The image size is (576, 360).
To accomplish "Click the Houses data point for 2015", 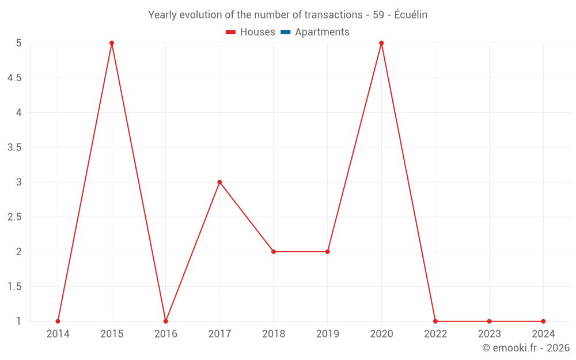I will coord(112,43).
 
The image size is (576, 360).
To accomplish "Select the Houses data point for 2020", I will coord(381,43).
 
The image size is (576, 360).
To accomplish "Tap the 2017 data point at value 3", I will coord(219,182).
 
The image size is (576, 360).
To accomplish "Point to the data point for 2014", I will coord(58,321).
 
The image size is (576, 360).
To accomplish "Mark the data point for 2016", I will coord(165,321).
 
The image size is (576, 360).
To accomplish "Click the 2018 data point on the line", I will coord(274,252).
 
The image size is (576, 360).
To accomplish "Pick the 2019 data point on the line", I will coord(327,252).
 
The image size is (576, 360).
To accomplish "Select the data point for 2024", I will coord(543,321).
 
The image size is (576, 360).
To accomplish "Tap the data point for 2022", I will coord(435,321).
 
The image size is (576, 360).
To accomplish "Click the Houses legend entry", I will coord(257,32).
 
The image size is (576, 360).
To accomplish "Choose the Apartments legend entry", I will coord(322,32).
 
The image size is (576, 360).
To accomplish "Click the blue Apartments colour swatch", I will coord(286,32).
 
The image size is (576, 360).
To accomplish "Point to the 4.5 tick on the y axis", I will coord(14,78).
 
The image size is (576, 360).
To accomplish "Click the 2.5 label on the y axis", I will coord(14,217).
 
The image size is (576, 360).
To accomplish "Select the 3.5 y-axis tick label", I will coord(14,147).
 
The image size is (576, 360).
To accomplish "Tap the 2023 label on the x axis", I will coord(489,334).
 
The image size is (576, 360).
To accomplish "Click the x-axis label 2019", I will coord(327,334).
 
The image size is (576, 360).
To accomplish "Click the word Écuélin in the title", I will coord(411,15).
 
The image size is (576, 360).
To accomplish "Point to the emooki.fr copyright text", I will coord(525,348).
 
